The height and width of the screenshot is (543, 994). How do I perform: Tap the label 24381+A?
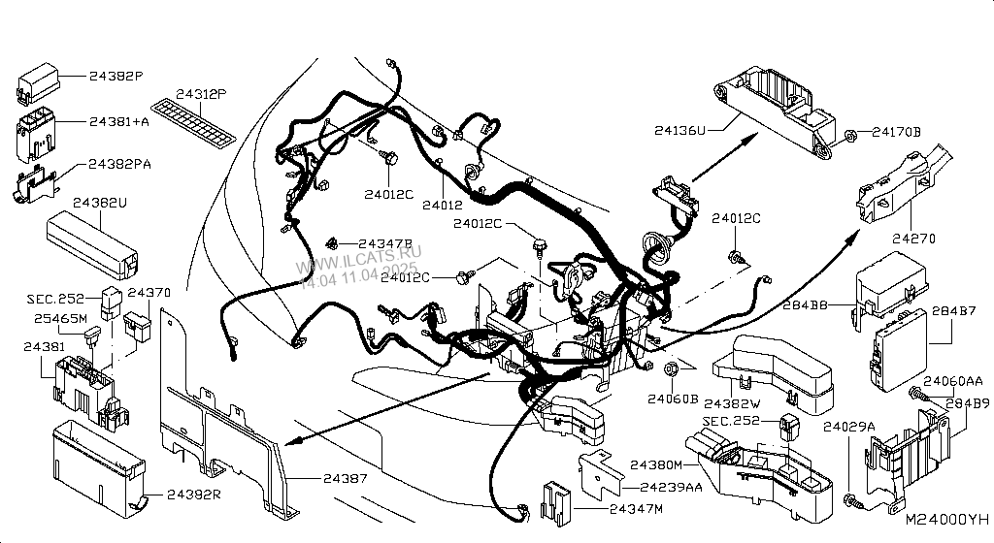tap(119, 123)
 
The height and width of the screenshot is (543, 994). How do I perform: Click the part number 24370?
tap(149, 291)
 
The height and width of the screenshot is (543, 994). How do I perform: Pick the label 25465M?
tap(60, 317)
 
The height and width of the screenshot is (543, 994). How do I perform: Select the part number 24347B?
tap(385, 243)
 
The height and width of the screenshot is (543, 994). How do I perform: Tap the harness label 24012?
tap(442, 205)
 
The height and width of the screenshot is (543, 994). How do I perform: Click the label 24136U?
tap(679, 129)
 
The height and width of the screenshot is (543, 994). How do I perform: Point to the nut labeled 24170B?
tap(849, 134)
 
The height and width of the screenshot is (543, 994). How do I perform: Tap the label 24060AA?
tap(952, 381)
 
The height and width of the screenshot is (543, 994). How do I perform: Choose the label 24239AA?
tap(671, 488)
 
